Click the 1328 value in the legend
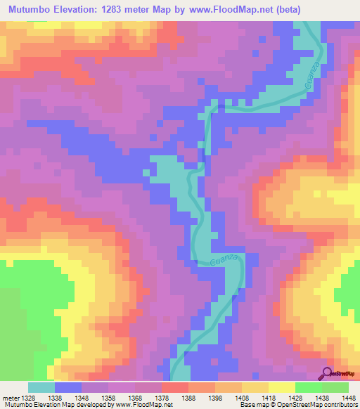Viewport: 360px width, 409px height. [x=28, y=397]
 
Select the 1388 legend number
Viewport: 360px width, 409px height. [x=188, y=397]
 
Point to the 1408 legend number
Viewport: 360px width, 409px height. [x=241, y=397]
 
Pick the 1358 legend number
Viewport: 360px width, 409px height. [x=108, y=397]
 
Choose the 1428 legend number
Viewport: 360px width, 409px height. [x=295, y=397]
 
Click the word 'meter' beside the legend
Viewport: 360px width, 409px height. [x=10, y=397]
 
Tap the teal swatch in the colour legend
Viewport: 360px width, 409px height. [x=41, y=387]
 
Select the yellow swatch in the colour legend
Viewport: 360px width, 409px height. [x=281, y=387]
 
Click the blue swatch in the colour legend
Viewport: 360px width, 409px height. [x=68, y=387]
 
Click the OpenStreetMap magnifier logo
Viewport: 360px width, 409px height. [x=327, y=373]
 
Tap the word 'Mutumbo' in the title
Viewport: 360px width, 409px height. [x=32, y=10]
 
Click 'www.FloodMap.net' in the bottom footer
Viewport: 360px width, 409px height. [x=145, y=405]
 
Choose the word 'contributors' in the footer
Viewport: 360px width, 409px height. [x=338, y=405]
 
